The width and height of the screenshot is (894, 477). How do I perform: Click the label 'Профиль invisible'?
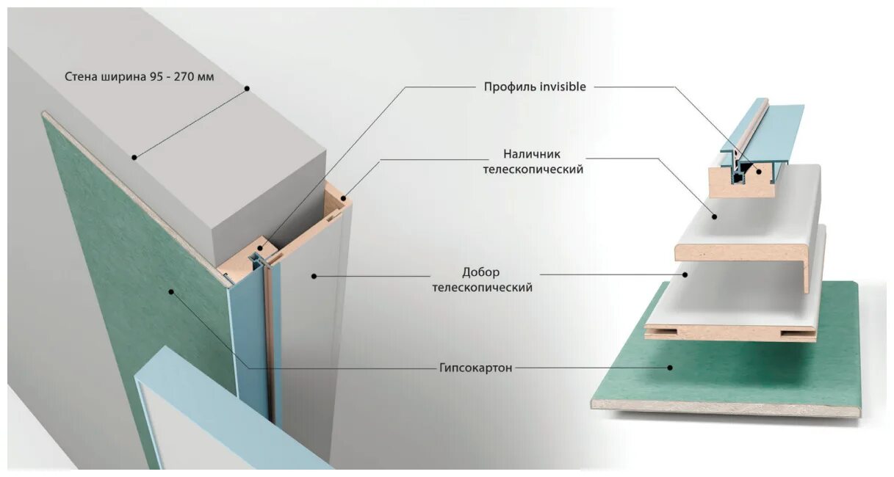[534, 87]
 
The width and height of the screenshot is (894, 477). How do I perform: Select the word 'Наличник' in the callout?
[533, 154]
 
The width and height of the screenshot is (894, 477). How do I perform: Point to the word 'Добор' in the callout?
[482, 272]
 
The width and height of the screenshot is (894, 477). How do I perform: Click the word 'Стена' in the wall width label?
[81, 76]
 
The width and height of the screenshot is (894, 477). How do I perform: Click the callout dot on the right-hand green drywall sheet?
[669, 367]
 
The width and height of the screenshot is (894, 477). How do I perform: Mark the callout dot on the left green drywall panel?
[171, 291]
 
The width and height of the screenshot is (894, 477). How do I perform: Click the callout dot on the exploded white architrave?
[713, 216]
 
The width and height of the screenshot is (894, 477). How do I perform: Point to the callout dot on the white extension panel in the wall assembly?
[313, 276]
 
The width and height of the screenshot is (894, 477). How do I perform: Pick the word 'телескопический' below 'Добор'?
[482, 288]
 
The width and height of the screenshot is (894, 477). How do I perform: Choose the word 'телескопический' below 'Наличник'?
[533, 170]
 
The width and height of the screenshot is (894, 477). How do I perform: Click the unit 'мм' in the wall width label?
[206, 76]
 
